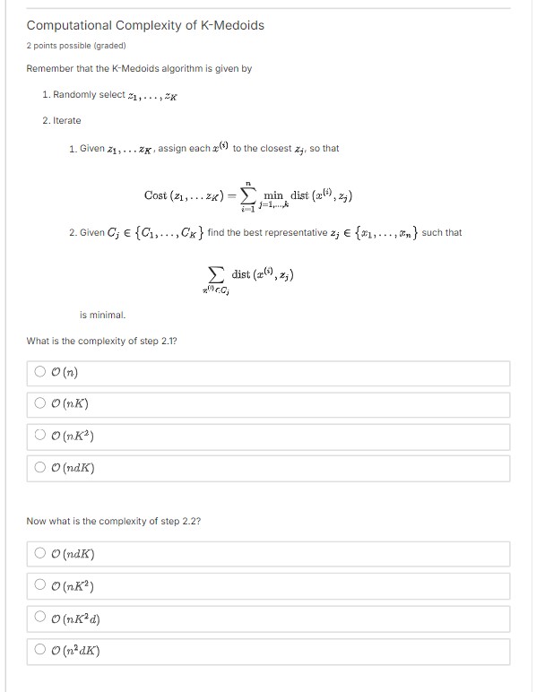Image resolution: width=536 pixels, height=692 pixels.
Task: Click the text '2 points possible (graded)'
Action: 76,45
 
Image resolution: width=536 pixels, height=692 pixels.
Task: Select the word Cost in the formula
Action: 155,195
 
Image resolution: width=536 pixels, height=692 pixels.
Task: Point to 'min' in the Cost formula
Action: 275,195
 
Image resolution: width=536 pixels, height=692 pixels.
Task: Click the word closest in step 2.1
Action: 261,149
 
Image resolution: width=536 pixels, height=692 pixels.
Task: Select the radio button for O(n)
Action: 40,373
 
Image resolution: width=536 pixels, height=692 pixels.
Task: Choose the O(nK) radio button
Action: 40,405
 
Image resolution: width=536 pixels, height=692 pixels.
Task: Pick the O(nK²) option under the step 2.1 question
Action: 40,437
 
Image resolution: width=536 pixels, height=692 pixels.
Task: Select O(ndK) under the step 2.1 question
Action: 40,468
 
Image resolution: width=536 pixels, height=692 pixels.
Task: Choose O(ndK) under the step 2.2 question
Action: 40,553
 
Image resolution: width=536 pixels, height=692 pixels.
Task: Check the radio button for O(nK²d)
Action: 40,617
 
